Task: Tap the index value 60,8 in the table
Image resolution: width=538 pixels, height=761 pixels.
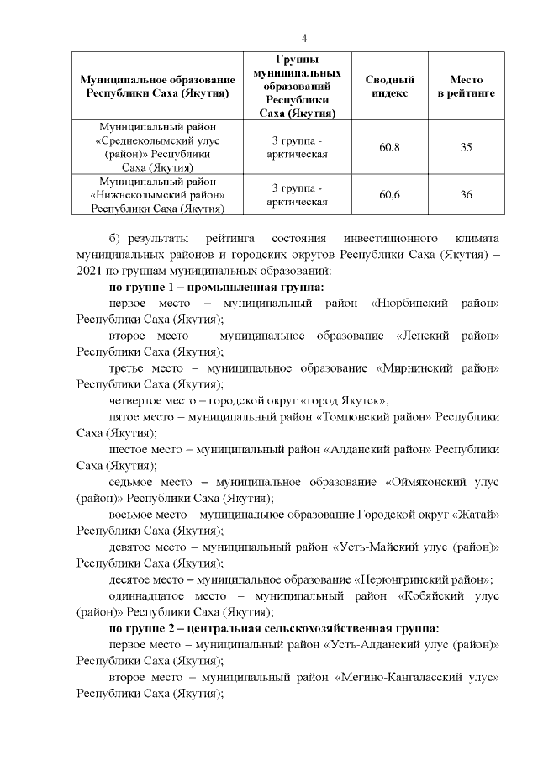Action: click(x=389, y=147)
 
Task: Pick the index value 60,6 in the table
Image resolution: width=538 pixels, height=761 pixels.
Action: click(x=389, y=195)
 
